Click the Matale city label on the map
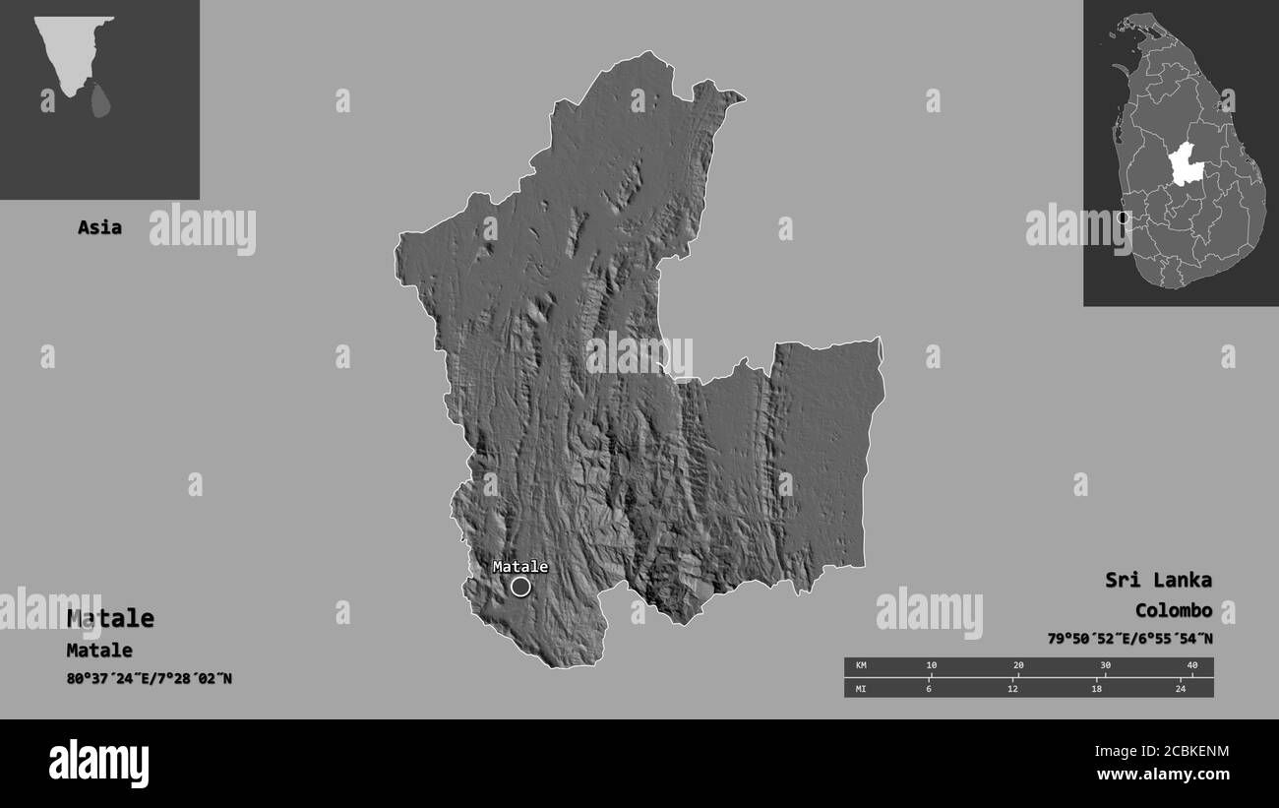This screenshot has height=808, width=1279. tap(519, 567)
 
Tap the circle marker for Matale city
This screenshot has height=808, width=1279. tap(520, 588)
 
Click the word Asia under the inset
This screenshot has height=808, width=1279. tap(99, 227)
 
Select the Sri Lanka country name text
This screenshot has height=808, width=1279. tap(1158, 580)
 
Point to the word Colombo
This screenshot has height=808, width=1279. tap(1173, 610)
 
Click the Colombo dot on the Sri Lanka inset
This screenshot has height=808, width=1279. tap(1124, 218)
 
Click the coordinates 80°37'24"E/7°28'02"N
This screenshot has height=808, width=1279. tap(150, 678)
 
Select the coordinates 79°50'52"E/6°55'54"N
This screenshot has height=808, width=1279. tap(1129, 639)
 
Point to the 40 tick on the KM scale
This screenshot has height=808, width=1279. tap(1192, 666)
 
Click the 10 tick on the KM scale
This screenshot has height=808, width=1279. tap(932, 666)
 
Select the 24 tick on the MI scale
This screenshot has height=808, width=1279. tap(1181, 688)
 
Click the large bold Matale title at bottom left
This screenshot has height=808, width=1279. tap(110, 618)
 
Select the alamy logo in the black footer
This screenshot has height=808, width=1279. tap(98, 764)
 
